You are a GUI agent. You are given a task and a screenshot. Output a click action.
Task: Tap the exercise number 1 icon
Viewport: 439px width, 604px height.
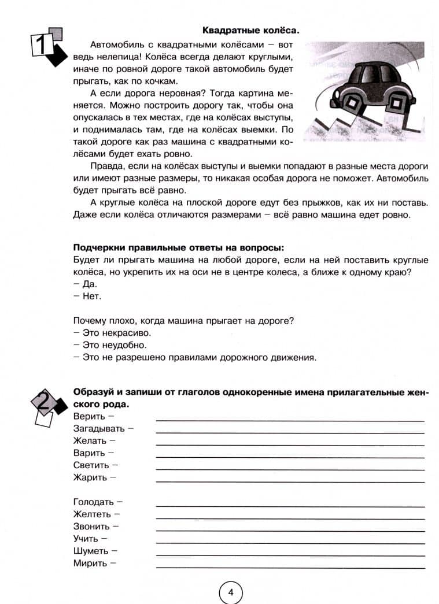tap(46, 45)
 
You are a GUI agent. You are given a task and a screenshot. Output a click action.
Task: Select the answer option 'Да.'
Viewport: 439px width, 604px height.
tap(86, 284)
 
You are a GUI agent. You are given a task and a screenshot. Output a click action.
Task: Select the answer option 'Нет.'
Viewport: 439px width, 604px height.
tap(88, 297)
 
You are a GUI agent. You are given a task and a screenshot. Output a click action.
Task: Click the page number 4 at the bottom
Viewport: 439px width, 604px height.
tap(230, 592)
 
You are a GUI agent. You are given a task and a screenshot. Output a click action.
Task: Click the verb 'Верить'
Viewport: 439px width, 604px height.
tap(89, 416)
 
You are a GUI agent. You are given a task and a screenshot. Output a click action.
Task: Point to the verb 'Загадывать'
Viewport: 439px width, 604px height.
tap(99, 428)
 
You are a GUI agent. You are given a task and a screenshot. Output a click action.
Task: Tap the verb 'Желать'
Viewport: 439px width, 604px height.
tap(90, 441)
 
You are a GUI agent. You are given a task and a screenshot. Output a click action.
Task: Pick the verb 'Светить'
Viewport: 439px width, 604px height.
tap(91, 465)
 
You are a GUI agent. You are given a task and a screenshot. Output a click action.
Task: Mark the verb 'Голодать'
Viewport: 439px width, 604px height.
tap(94, 502)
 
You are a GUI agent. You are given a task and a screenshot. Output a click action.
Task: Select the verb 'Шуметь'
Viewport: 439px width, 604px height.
tap(91, 551)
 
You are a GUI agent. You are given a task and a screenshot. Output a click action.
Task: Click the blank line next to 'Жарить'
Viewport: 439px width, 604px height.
tap(289, 481)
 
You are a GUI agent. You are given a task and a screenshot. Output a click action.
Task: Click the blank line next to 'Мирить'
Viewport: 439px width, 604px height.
tap(289, 566)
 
